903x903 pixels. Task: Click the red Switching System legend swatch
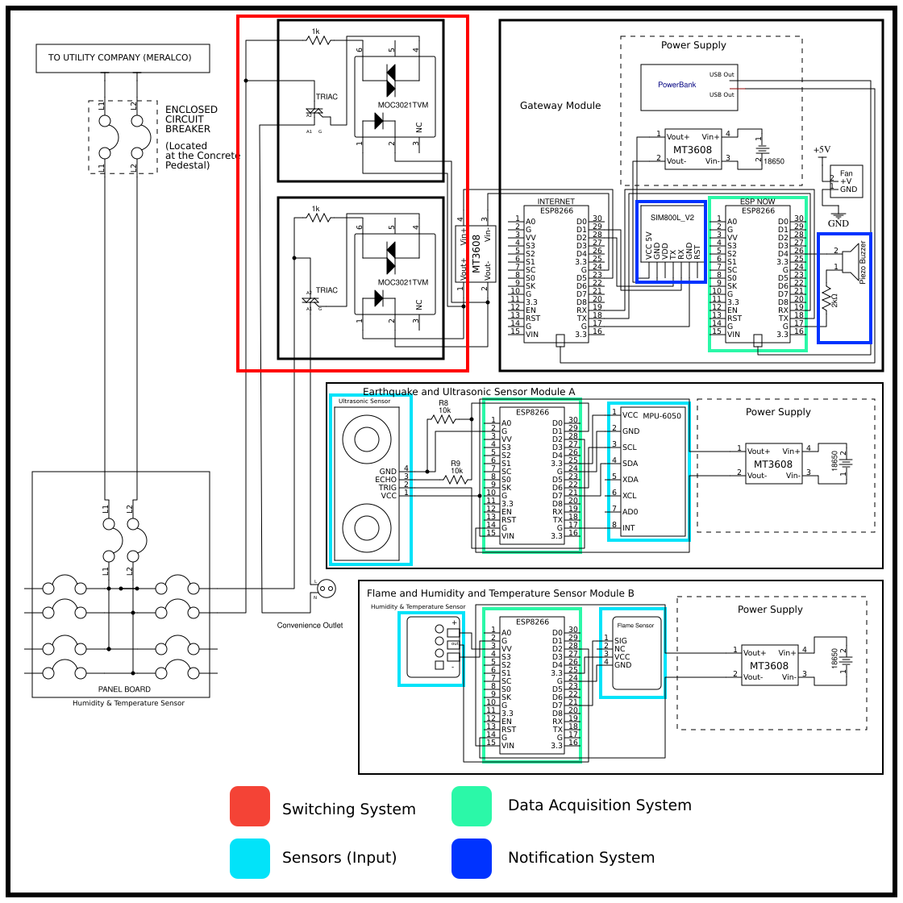tap(250, 806)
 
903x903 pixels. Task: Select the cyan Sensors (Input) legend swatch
tap(250, 859)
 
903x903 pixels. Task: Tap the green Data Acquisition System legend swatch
tap(472, 806)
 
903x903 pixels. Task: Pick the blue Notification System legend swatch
tap(472, 859)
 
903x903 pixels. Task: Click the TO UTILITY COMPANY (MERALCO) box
tap(123, 58)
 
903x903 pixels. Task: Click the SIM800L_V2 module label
tap(672, 218)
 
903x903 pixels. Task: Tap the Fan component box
tap(846, 181)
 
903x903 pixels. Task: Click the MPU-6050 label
tap(661, 416)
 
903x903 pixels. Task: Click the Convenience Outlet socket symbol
tap(327, 589)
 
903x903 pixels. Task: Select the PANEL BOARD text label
tap(124, 689)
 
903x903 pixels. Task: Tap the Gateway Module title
tap(560, 106)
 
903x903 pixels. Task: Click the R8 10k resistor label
tap(444, 406)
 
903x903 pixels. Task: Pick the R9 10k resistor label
tap(456, 467)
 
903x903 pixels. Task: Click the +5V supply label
tap(821, 150)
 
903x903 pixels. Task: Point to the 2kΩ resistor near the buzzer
tap(827, 301)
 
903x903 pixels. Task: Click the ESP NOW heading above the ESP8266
tap(757, 202)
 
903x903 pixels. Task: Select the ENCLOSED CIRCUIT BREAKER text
tap(191, 119)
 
